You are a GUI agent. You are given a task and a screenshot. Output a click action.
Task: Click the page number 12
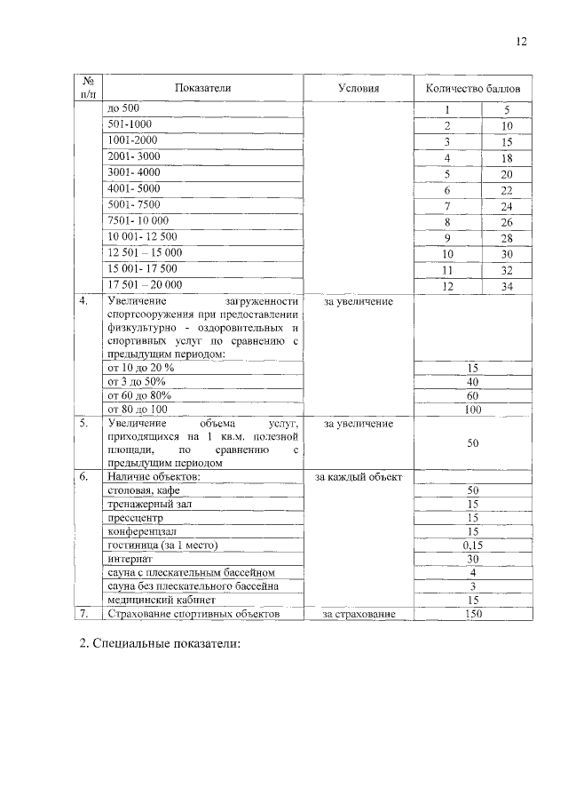tap(521, 42)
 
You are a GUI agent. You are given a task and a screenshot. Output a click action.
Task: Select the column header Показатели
tap(202, 88)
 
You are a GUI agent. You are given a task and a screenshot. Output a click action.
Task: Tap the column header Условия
tap(359, 88)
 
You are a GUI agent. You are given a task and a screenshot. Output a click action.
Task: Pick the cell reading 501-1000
tap(129, 124)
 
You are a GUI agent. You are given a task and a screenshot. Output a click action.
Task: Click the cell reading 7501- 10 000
tap(138, 220)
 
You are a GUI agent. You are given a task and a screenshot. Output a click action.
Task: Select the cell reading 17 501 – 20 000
tap(145, 285)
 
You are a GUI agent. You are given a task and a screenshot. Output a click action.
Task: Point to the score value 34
tap(507, 286)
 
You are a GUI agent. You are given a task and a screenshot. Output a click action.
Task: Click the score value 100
tap(473, 410)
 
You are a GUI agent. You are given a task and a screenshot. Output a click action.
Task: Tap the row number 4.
tap(83, 301)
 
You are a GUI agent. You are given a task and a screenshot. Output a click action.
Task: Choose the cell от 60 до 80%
tap(138, 394)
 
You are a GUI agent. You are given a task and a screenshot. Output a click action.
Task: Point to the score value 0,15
tap(473, 545)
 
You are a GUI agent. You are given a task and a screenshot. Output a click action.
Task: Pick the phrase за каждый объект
tap(359, 477)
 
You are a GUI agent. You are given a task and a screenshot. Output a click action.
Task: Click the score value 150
tap(473, 613)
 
